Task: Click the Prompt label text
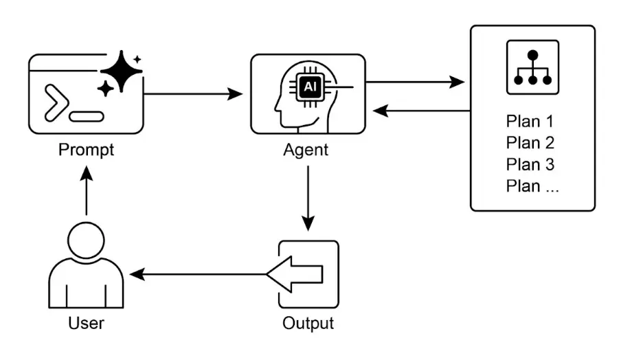click(x=86, y=150)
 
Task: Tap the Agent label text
click(x=306, y=150)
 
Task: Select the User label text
click(x=86, y=323)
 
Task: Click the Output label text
click(x=308, y=323)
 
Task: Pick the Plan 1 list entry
click(x=530, y=122)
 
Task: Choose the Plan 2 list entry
click(x=530, y=143)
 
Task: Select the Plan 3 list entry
click(x=530, y=164)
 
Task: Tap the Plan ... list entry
click(x=532, y=185)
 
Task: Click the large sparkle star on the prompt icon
click(x=121, y=71)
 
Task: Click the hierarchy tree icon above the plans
click(x=532, y=67)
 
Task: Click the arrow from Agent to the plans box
click(x=415, y=82)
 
